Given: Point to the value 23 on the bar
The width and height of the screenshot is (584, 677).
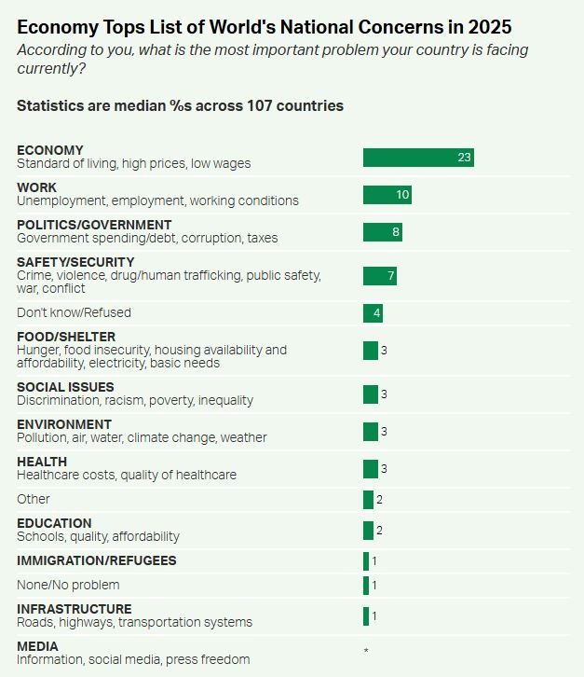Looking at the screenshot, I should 464,157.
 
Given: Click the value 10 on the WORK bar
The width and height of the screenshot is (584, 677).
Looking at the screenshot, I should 402,194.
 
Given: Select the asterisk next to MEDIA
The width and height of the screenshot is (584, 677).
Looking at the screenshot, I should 366,650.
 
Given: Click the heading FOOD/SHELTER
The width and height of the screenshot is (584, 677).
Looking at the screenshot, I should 66,337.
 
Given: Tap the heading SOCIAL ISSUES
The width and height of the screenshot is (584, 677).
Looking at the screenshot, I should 65,387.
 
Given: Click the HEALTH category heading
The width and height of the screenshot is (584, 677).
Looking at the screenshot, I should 42,462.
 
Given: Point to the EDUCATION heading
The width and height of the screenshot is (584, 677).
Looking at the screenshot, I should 54,523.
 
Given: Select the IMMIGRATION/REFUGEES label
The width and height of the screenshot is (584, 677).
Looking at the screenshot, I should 96,560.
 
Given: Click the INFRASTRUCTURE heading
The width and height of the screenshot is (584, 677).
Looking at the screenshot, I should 75,609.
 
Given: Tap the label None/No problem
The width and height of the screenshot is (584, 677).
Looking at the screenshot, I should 68,585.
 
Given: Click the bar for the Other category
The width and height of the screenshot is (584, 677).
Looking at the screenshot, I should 368,499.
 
